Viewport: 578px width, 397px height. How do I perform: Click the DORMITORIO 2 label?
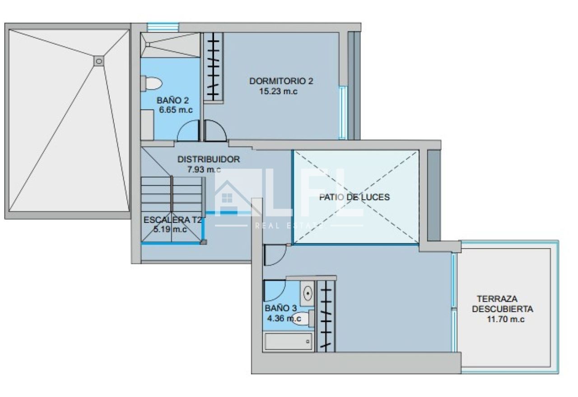pos(281,81)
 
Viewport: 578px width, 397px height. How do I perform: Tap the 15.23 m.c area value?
pos(278,92)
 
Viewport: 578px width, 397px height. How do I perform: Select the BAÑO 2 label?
pos(172,100)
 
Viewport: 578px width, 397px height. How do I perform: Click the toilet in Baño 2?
pos(151,83)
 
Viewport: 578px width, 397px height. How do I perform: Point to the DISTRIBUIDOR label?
pos(209,159)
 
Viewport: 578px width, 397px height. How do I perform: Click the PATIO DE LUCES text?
pos(354,197)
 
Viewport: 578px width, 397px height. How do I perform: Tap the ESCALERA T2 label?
pos(172,220)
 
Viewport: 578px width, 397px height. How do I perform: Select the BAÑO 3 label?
pos(281,308)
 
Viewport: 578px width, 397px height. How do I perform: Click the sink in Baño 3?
pos(308,293)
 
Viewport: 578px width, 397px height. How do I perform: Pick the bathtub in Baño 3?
pos(288,342)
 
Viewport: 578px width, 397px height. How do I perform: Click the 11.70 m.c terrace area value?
pos(505,319)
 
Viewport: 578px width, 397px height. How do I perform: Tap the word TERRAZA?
pos(497,299)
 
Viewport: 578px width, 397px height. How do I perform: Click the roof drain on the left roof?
pos(99,61)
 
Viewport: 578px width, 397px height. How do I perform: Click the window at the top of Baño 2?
pos(163,27)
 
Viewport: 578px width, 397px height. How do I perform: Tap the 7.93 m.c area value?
pos(204,170)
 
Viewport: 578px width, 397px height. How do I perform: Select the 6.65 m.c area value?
pos(176,110)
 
